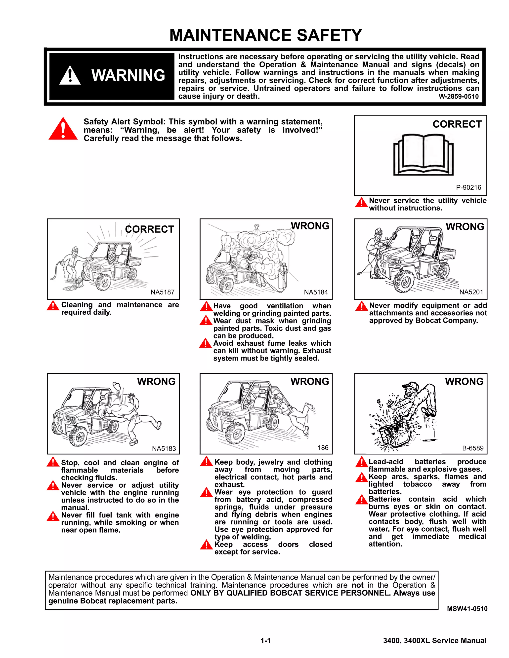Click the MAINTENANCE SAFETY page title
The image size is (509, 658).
265,35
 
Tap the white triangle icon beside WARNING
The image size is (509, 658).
70,76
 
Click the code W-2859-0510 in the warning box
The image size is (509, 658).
458,97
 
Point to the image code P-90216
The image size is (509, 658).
468,187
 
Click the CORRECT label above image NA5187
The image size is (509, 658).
149,229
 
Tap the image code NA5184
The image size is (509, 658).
316,292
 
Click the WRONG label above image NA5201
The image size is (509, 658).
465,226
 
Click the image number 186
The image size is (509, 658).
323,448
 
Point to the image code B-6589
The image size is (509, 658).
472,448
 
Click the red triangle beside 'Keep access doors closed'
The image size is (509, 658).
206,545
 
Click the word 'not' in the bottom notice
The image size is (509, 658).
357,585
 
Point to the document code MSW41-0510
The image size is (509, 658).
467,609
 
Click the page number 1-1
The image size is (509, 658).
266,641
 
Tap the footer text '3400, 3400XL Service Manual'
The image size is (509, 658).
434,641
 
